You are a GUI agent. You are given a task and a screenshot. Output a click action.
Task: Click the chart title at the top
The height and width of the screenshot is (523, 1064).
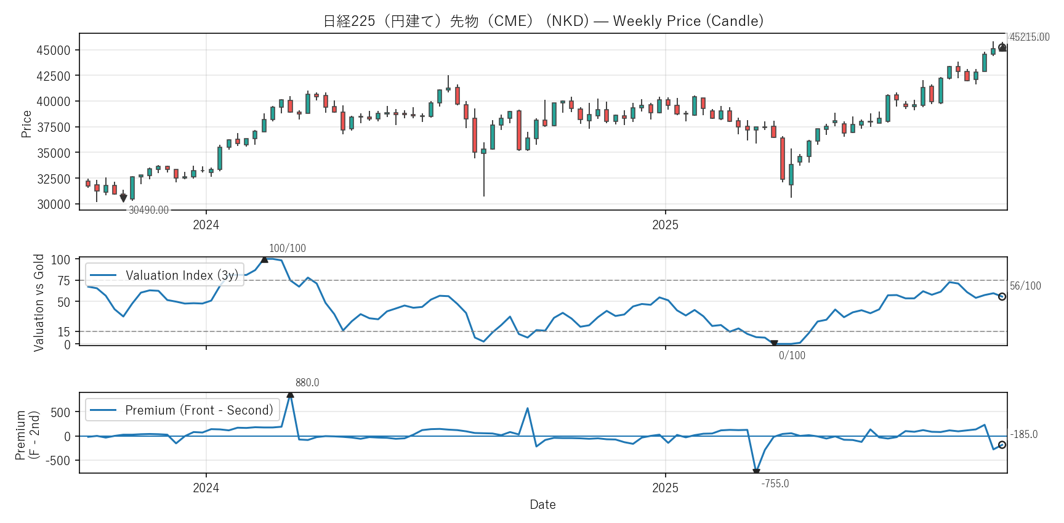click(x=543, y=21)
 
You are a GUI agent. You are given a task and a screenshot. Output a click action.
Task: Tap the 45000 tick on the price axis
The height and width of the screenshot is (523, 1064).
click(x=54, y=51)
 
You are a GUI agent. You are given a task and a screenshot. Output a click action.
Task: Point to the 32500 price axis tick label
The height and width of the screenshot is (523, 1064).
click(x=54, y=179)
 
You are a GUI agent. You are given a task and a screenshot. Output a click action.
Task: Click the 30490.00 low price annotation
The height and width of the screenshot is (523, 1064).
click(x=148, y=211)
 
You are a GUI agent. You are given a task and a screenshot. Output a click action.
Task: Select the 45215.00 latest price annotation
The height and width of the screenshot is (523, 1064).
click(x=1030, y=37)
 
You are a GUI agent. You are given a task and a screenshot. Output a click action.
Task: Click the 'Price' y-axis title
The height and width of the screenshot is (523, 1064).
click(x=26, y=124)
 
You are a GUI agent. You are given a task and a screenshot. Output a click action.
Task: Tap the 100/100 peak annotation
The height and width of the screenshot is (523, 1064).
click(x=287, y=248)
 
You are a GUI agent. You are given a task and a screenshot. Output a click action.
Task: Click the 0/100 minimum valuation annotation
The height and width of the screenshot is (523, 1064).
click(x=792, y=355)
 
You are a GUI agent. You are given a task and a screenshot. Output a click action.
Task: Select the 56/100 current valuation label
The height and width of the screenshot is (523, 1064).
click(x=1025, y=286)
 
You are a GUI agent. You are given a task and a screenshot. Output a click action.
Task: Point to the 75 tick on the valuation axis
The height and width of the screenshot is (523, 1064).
click(x=64, y=281)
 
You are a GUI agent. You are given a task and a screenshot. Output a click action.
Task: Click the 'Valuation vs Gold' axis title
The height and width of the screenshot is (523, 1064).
click(x=39, y=302)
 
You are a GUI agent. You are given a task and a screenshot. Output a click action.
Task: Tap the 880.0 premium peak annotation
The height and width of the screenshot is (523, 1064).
click(x=307, y=383)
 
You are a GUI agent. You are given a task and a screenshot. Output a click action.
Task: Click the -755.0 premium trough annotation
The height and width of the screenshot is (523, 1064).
click(x=775, y=484)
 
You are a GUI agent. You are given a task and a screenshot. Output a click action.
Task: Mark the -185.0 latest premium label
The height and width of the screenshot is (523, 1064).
click(x=1024, y=434)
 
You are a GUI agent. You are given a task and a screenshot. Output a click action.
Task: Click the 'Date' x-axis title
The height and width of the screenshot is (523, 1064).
click(x=542, y=505)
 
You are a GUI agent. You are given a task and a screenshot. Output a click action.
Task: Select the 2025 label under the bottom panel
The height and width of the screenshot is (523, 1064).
click(x=665, y=488)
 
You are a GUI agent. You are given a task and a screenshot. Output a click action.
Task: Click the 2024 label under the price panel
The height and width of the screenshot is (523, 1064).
click(x=206, y=225)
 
